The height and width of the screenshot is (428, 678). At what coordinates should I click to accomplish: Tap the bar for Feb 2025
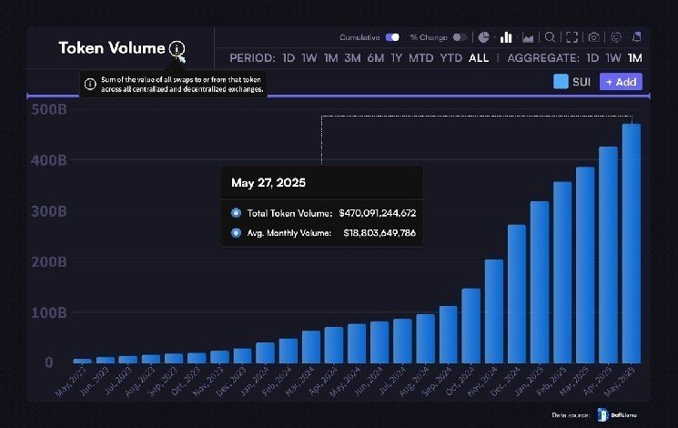(562, 272)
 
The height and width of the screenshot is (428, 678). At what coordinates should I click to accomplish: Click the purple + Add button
(621, 81)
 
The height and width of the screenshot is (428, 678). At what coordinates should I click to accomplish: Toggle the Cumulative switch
(392, 37)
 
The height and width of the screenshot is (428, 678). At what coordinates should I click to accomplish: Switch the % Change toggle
(460, 37)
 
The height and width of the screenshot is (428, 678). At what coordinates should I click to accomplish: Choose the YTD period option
(450, 58)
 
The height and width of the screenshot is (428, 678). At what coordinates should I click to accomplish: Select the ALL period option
(478, 58)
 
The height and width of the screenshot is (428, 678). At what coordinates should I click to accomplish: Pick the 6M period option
(375, 58)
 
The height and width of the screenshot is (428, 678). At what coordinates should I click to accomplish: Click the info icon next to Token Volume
(176, 49)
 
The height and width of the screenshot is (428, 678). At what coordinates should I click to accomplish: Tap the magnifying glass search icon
(550, 37)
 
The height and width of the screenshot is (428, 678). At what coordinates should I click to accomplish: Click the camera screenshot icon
(593, 37)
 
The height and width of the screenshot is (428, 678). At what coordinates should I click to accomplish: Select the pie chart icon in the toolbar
(484, 37)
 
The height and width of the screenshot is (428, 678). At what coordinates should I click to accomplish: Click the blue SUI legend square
(561, 81)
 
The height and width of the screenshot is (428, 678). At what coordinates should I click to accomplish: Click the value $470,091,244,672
(377, 212)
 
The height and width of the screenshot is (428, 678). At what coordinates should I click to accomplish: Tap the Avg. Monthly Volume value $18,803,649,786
(379, 232)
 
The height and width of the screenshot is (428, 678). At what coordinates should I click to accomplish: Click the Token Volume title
(112, 48)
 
